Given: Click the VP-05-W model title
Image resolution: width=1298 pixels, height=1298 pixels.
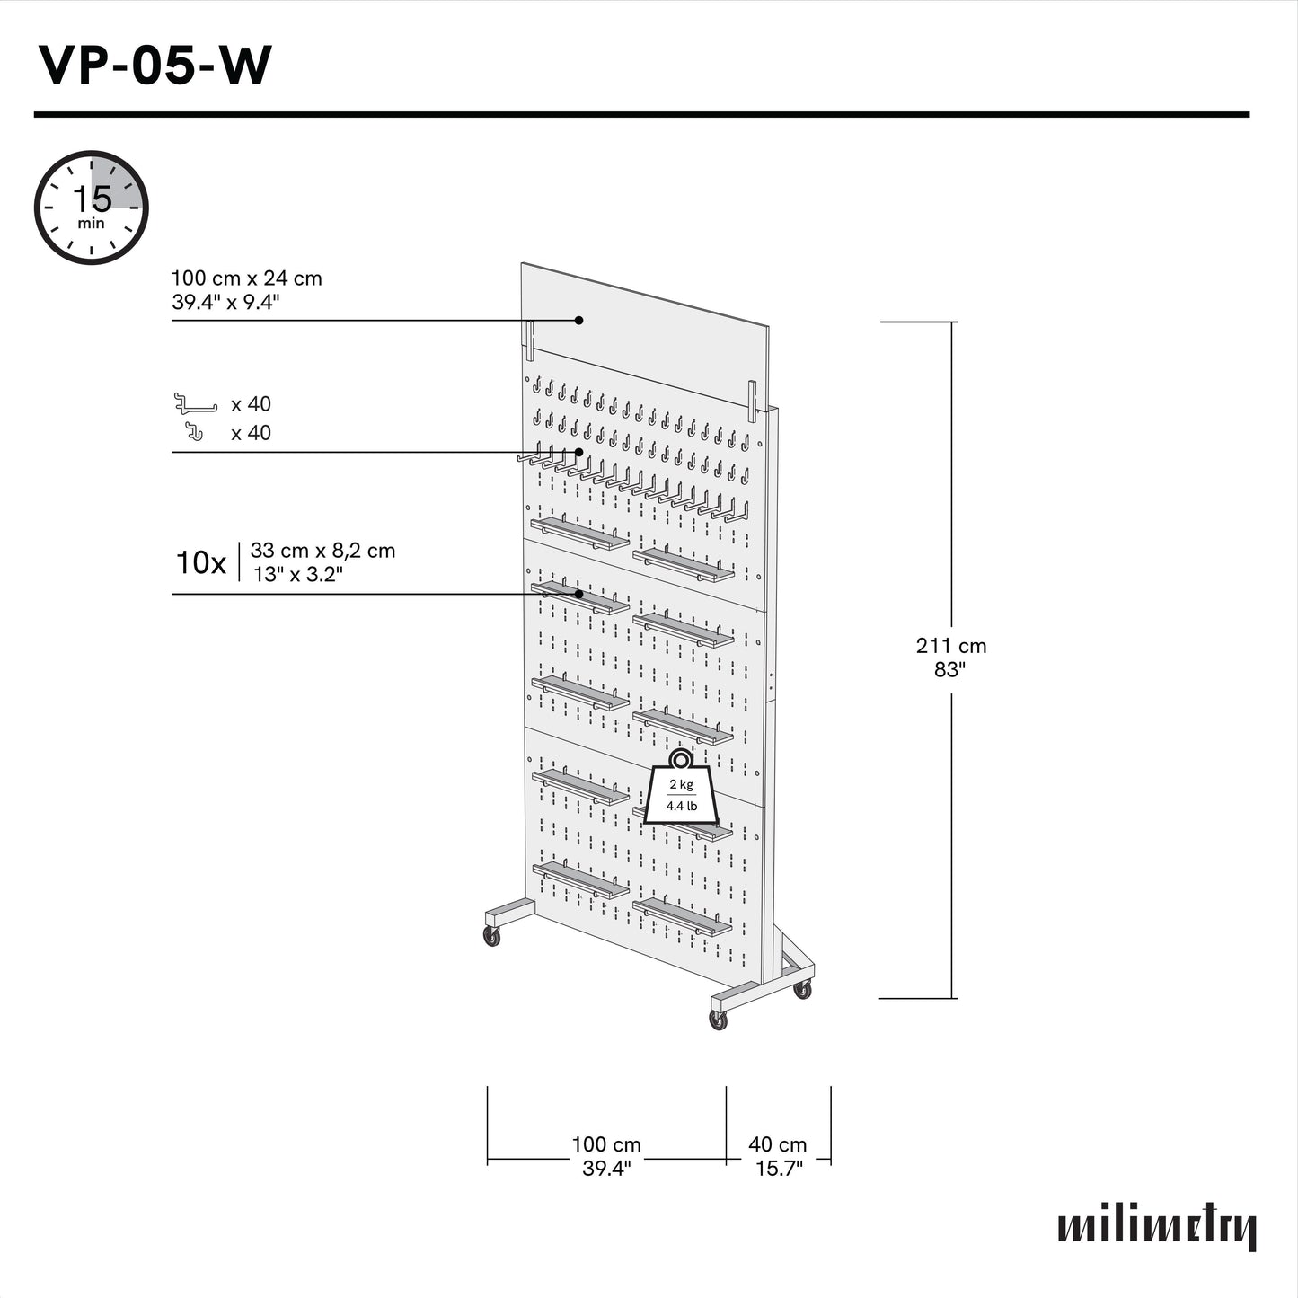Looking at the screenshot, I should [x=154, y=66].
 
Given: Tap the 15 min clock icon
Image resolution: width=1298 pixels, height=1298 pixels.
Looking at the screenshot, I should [x=91, y=208].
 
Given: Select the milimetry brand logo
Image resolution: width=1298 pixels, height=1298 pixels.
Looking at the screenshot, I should [x=1157, y=1228].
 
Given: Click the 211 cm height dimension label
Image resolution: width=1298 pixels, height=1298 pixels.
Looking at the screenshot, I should [x=950, y=646].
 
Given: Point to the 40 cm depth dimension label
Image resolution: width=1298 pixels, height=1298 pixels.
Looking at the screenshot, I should [x=778, y=1144].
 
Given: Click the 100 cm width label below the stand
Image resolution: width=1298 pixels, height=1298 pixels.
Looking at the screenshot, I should [x=606, y=1144].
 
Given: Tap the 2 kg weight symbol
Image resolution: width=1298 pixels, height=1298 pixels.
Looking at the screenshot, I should [x=681, y=790].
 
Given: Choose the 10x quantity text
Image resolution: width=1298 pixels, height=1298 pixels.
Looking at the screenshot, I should [x=200, y=563].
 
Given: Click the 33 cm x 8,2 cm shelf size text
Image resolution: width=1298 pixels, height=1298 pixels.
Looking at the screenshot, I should [x=322, y=551].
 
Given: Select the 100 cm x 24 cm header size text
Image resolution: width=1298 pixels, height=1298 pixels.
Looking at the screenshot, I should [x=246, y=278].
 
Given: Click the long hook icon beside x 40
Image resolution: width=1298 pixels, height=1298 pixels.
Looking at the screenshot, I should [x=196, y=404].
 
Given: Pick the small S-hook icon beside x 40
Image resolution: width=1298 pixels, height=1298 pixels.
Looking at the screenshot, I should [x=194, y=432].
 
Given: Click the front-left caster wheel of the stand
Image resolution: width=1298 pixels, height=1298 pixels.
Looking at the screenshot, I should [x=492, y=936].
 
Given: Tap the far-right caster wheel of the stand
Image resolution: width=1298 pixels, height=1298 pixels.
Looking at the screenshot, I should [x=802, y=990].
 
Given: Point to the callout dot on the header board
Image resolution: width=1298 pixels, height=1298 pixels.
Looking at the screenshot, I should [x=579, y=320].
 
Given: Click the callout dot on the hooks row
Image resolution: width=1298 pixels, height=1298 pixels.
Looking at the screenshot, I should [x=579, y=452].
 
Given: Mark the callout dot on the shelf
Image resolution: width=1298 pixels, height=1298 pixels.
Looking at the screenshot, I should [x=579, y=594].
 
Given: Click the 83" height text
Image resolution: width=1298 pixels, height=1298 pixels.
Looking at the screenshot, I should [x=949, y=669].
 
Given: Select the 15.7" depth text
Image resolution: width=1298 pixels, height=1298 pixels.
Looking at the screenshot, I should [x=778, y=1169].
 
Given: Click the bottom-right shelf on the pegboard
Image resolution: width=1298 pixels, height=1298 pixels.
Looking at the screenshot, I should [x=683, y=916].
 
